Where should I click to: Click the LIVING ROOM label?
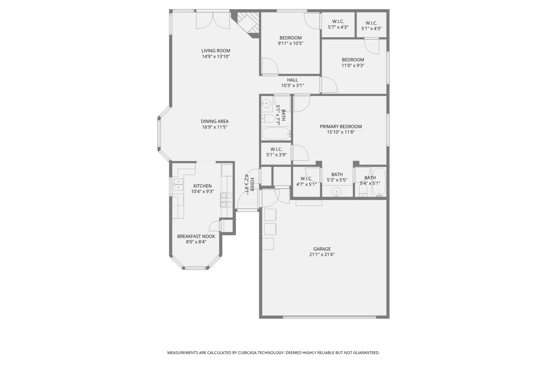point(216,51)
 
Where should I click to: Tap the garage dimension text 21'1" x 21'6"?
point(322,254)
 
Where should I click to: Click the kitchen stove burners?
point(226,200)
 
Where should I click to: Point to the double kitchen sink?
point(178,184)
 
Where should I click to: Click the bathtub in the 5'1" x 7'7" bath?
point(276,134)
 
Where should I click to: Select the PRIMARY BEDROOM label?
point(341,127)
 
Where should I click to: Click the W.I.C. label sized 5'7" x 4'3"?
point(338,21)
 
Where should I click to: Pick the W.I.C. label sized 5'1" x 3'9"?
point(276,149)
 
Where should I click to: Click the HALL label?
point(292,80)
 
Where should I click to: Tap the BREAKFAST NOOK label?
point(196,236)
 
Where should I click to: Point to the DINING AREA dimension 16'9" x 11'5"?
point(215,127)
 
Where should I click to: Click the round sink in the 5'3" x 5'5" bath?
point(336,192)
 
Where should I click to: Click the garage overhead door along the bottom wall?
point(329,317)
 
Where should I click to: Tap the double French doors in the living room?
point(213,20)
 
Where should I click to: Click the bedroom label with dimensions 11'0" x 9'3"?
point(353,60)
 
